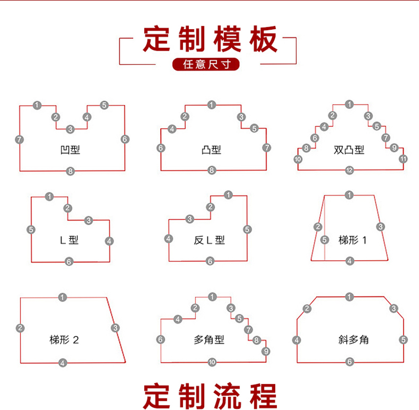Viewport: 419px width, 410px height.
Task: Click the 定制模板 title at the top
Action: click(x=210, y=39)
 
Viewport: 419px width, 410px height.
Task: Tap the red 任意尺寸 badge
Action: click(x=206, y=64)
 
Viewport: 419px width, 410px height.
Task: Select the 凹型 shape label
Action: click(x=70, y=149)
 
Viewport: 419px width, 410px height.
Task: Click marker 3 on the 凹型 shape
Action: click(x=70, y=130)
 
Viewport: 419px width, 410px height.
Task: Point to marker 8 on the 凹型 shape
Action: click(x=70, y=171)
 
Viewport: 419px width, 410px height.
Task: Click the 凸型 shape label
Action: click(x=211, y=149)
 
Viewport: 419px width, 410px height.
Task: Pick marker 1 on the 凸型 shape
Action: click(x=212, y=105)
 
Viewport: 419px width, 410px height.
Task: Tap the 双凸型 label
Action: click(x=349, y=149)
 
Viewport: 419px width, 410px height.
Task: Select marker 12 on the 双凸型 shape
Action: click(x=349, y=170)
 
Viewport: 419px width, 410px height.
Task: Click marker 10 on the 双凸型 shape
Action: click(x=298, y=159)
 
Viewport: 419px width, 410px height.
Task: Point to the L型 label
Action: click(x=69, y=240)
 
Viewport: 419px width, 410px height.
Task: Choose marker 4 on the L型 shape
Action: click(x=109, y=241)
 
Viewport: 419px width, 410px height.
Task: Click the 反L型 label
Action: click(x=209, y=240)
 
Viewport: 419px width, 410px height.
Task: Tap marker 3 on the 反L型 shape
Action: click(x=190, y=219)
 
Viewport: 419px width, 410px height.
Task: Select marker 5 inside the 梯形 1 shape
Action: click(x=325, y=240)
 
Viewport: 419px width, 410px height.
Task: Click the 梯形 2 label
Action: click(x=64, y=340)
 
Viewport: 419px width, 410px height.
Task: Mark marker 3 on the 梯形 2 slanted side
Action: click(x=115, y=328)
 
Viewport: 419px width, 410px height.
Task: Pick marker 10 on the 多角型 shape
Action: click(x=212, y=362)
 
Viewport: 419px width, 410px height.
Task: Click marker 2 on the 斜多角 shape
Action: click(x=307, y=309)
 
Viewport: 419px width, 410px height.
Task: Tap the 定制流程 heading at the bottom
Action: click(x=210, y=396)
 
